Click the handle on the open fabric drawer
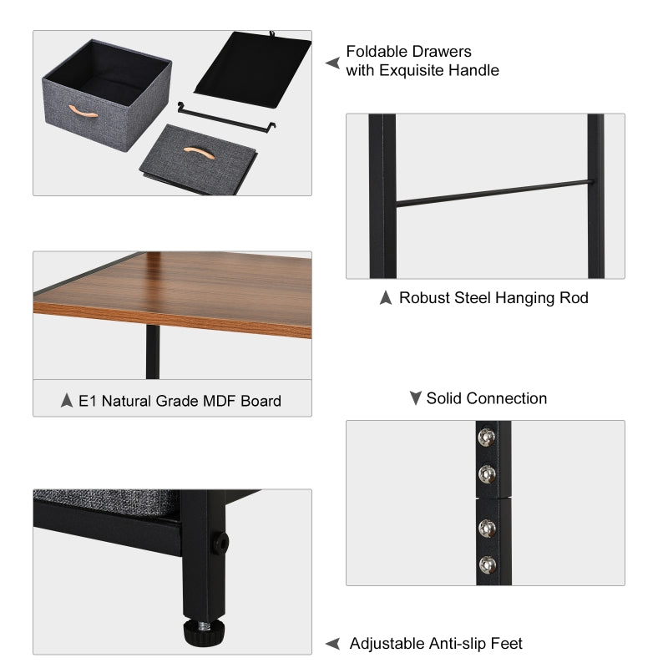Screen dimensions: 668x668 click(84, 111)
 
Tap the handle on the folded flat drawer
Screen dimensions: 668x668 click(197, 149)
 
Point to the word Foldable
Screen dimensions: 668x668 click(373, 53)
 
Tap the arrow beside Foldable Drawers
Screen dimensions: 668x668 click(332, 63)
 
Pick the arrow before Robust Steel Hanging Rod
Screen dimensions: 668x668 click(385, 298)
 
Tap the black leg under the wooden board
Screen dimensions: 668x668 click(153, 352)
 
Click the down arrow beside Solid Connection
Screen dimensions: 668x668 click(415, 398)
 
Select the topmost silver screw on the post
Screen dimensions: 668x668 click(484, 435)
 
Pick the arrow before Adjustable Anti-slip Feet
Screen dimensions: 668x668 click(332, 644)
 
